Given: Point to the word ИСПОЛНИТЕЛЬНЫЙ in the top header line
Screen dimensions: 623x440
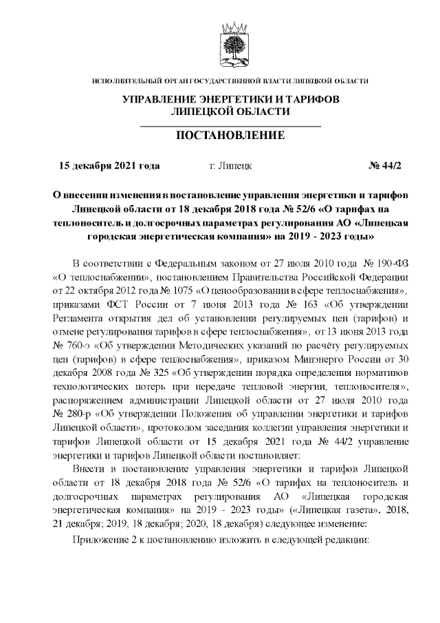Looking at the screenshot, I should [131, 81].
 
